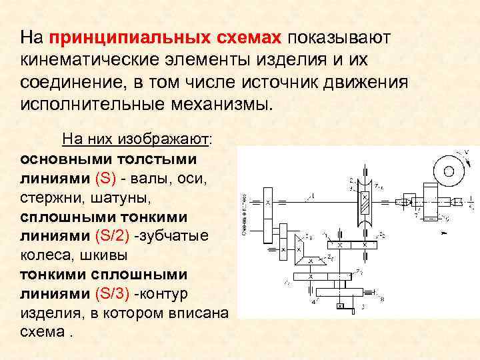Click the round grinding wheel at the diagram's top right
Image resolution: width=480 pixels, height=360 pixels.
[x=448, y=172]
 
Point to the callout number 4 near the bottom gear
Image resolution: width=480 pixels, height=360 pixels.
[x=313, y=301]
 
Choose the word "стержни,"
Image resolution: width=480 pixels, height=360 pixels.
[x=49, y=198]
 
